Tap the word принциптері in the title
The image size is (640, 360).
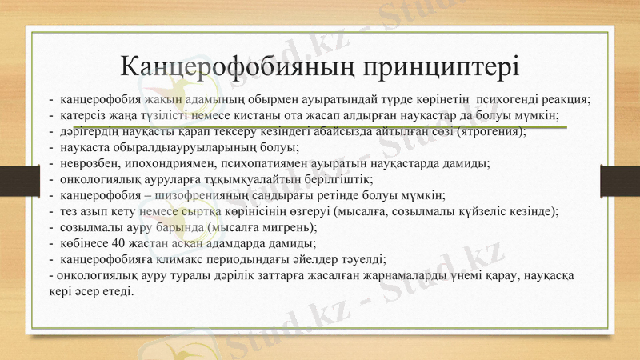tap(440, 64)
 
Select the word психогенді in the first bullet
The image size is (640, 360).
tap(507, 100)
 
